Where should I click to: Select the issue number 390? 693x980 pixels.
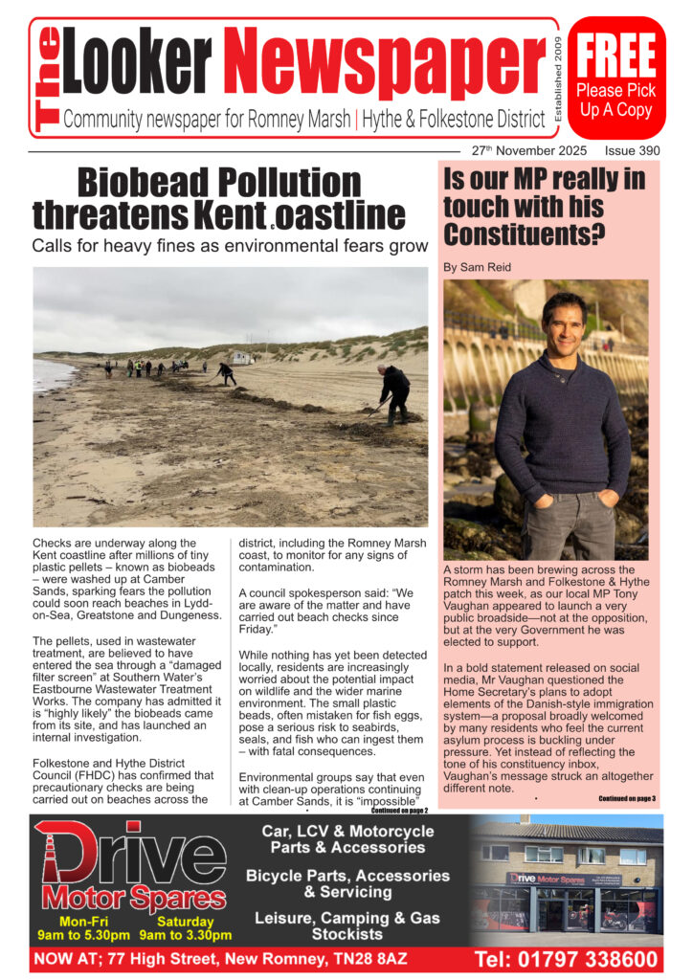coord(644,151)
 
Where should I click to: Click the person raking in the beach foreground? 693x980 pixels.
coord(393,391)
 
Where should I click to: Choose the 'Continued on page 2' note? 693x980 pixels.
coord(399,810)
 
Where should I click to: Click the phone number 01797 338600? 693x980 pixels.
coord(566,959)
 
